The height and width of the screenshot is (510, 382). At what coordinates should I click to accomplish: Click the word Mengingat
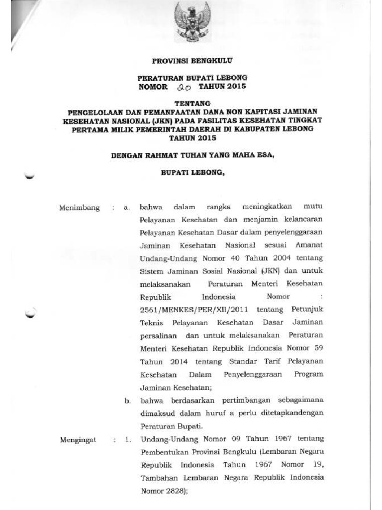(78, 439)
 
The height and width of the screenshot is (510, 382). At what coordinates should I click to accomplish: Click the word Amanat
(308, 246)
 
